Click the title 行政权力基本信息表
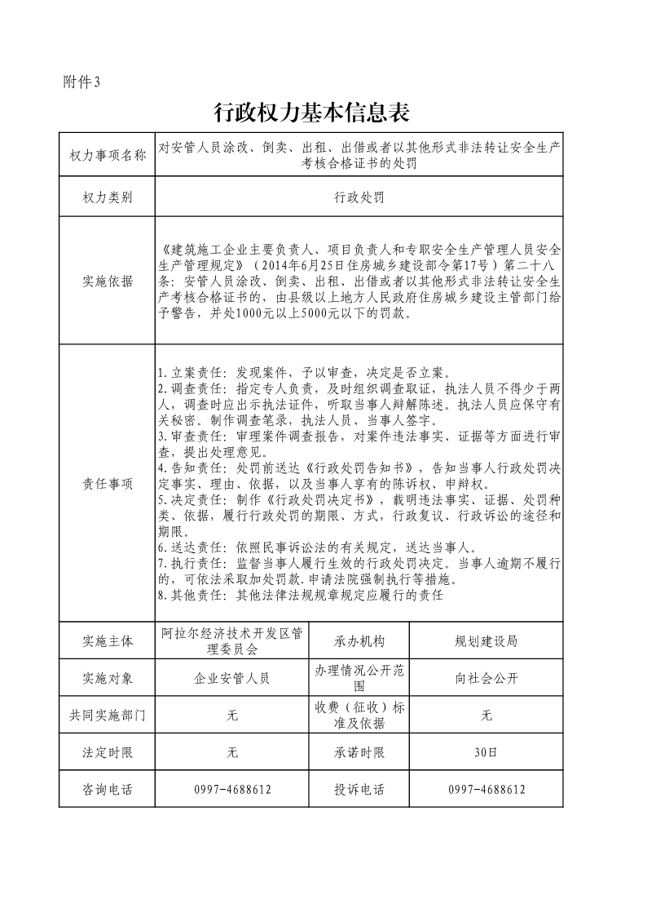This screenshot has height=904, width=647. pos(310,112)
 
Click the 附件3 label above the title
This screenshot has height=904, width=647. pos(81,81)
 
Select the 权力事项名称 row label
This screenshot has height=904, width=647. pos(108,155)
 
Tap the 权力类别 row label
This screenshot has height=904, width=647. pos(108,197)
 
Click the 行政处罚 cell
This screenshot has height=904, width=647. pos(359,197)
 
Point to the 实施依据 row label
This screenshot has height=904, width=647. pos(108,281)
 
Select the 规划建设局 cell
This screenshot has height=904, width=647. pos(486,641)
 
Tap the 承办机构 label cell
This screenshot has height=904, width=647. pos(359,641)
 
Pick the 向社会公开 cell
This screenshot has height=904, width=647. pos(486,678)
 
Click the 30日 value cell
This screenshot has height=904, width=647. pos(486,752)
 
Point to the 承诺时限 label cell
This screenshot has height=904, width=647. pos(359,752)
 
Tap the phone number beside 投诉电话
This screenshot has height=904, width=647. pos(486,790)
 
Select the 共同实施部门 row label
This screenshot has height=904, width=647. pos(108,716)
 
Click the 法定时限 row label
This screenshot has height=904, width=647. pos(108,752)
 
